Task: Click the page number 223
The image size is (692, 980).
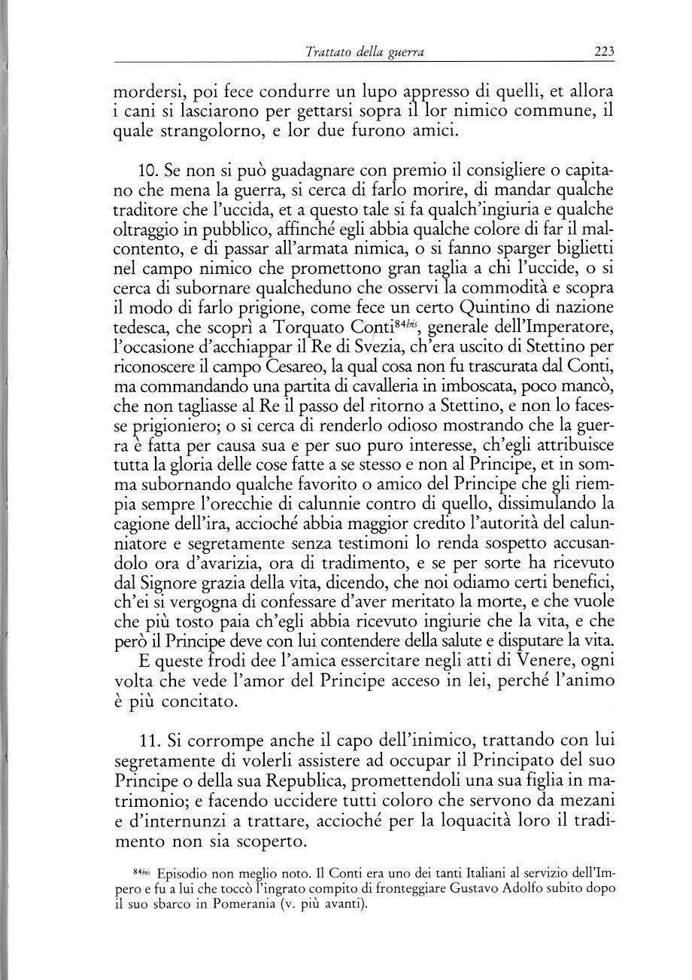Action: point(603,52)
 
